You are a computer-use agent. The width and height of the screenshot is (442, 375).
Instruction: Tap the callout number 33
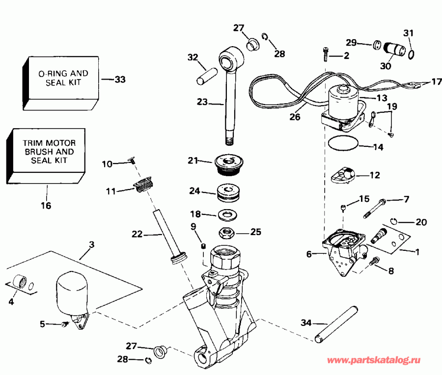click(x=119, y=79)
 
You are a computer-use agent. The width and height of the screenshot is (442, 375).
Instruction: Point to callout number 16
click(x=46, y=206)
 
